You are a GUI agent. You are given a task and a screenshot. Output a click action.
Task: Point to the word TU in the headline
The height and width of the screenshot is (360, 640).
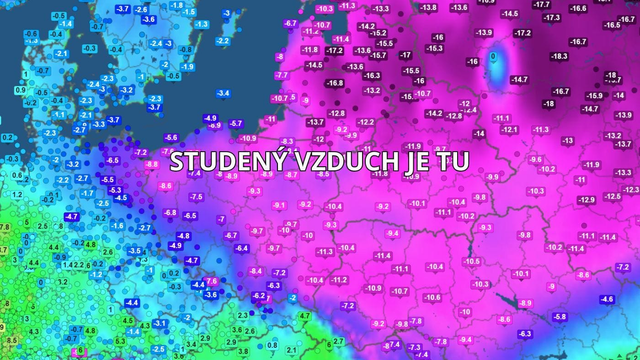tap(454, 161)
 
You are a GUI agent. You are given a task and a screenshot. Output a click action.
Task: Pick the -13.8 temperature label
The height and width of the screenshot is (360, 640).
tap(429, 7)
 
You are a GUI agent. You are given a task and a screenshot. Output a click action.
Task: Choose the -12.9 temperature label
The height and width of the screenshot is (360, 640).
tap(585, 200)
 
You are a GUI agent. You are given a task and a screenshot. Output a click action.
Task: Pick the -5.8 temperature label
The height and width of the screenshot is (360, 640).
tap(560, 316)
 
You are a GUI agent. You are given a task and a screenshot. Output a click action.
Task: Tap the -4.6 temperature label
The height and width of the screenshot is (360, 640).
tap(607, 300)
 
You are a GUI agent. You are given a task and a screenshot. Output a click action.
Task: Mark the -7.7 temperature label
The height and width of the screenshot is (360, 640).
tap(282, 75)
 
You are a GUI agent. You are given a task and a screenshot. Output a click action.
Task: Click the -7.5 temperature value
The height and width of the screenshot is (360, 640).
tap(195, 197)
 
